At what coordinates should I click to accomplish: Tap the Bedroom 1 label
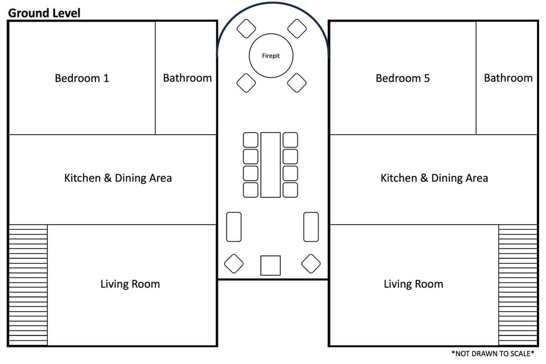pyautogui.click(x=82, y=78)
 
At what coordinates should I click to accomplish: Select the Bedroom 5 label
pyautogui.click(x=403, y=78)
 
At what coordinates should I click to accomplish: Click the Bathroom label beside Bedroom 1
pyautogui.click(x=187, y=78)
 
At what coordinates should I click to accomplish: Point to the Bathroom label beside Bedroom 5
pyautogui.click(x=508, y=78)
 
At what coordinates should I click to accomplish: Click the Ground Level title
pyautogui.click(x=44, y=13)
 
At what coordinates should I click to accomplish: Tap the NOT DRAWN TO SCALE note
pyautogui.click(x=493, y=354)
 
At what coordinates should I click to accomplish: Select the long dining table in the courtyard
pyautogui.click(x=271, y=165)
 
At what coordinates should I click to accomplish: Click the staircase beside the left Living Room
pyautogui.click(x=28, y=285)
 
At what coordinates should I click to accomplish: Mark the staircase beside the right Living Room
pyautogui.click(x=518, y=285)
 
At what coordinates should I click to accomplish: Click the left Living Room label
pyautogui.click(x=130, y=284)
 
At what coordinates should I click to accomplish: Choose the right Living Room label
pyautogui.click(x=413, y=284)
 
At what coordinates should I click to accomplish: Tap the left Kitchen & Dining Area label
pyautogui.click(x=118, y=178)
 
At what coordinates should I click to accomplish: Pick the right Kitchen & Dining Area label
pyautogui.click(x=434, y=178)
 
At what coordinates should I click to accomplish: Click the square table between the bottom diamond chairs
pyautogui.click(x=271, y=266)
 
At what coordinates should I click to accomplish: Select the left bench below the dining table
pyautogui.click(x=234, y=227)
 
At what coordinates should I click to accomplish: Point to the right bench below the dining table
pyautogui.click(x=311, y=227)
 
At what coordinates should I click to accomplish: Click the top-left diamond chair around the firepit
pyautogui.click(x=246, y=28)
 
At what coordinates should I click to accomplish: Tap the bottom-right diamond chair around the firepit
pyautogui.click(x=297, y=83)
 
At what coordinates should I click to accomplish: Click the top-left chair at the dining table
pyautogui.click(x=250, y=140)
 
